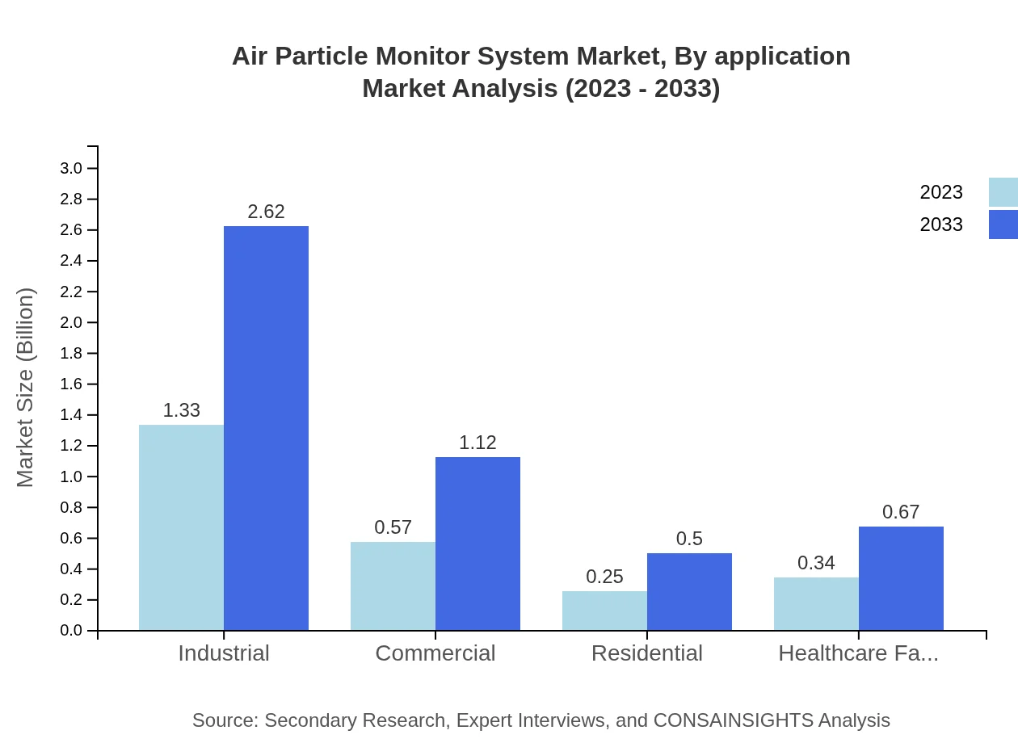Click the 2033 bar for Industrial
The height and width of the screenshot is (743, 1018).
[266, 428]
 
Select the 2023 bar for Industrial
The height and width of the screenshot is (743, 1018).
[181, 527]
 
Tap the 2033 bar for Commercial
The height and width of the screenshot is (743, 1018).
[477, 544]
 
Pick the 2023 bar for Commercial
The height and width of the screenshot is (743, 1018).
[393, 586]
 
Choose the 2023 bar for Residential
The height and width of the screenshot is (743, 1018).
[604, 611]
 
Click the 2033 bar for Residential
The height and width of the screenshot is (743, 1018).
[689, 591]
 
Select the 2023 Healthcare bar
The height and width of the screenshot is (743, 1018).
[816, 603]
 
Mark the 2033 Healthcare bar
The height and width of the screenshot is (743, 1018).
[901, 578]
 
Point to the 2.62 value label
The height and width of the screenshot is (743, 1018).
[266, 212]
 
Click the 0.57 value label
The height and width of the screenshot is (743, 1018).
[393, 527]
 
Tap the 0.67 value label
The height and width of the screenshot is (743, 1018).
[901, 512]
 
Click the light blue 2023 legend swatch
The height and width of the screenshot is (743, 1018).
[1003, 192]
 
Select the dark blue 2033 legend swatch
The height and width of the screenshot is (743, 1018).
[1003, 225]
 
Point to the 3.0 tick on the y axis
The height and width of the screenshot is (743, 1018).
[71, 168]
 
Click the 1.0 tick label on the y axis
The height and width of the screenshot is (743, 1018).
[71, 476]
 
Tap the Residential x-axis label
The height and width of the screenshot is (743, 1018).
[647, 653]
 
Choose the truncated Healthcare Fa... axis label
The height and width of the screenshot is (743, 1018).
[858, 653]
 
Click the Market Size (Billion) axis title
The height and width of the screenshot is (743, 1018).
[26, 388]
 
